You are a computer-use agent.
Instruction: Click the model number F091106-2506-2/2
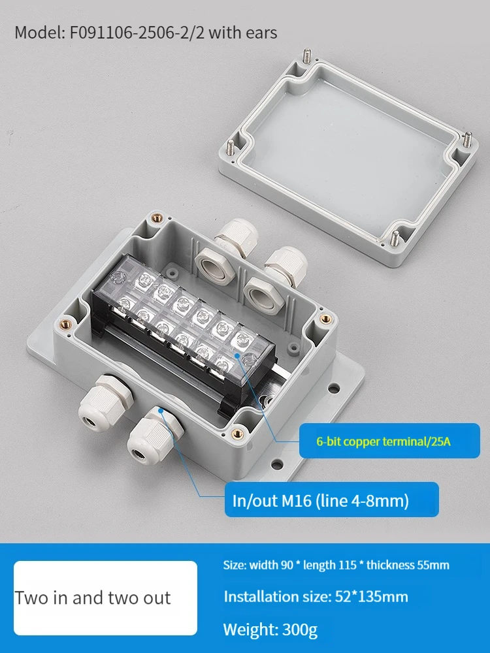point(137,33)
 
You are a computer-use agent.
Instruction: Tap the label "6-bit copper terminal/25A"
point(384,441)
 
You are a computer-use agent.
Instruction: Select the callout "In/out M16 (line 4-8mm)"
point(320,500)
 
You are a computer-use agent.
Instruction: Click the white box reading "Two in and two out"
point(105,598)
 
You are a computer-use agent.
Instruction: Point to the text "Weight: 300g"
point(270,629)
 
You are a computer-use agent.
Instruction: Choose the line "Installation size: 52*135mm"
point(316,597)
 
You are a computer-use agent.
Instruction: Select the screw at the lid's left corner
point(231,148)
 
